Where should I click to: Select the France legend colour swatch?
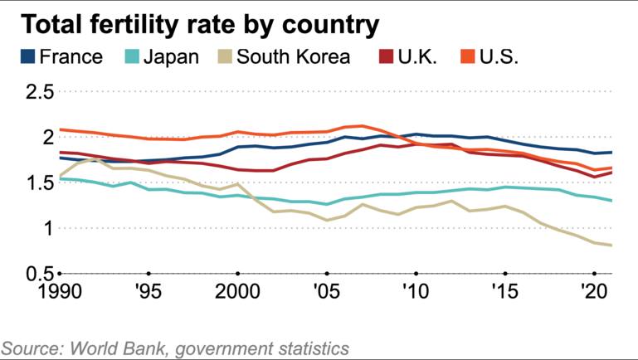[28, 57]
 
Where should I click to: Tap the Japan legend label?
[172, 57]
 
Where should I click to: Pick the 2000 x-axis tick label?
[237, 292]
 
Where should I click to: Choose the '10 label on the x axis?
[415, 292]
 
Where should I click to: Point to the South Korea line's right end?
[612, 245]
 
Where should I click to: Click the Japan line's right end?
[612, 201]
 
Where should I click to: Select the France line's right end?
[612, 153]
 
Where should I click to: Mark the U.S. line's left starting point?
[60, 129]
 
